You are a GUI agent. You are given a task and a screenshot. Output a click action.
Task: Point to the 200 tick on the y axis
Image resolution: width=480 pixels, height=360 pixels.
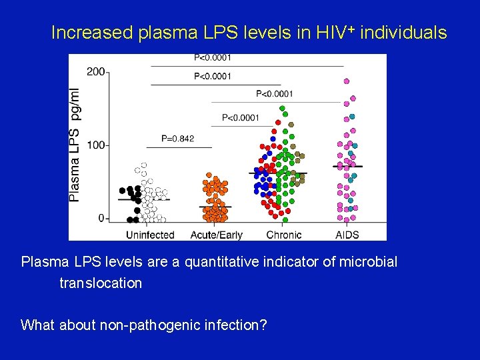(96, 71)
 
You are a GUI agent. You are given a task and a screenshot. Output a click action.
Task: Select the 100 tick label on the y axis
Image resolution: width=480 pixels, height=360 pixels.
(96, 145)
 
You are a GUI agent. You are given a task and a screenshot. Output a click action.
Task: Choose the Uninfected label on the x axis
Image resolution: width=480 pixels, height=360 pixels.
(150, 235)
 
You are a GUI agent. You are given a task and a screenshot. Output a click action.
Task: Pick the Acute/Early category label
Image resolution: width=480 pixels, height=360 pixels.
(216, 235)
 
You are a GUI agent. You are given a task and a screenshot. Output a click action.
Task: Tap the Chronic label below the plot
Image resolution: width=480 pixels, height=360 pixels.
(283, 235)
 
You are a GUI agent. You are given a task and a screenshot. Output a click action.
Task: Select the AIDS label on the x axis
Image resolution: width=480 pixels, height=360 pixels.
(348, 235)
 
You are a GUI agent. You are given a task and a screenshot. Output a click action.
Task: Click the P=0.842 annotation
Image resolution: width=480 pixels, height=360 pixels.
(178, 139)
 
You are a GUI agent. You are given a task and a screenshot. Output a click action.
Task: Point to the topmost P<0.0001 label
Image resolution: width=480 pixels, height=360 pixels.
(213, 58)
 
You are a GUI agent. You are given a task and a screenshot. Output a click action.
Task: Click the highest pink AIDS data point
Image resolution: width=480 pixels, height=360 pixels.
(347, 81)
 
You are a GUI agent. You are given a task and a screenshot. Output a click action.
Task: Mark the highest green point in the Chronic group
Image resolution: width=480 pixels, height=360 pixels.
(282, 108)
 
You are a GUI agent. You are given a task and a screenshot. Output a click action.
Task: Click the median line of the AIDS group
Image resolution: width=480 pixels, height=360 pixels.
(348, 166)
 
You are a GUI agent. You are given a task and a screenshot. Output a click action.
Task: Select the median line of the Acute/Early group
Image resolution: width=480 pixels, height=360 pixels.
(216, 207)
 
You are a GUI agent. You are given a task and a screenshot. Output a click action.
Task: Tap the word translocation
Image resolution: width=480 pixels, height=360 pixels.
(101, 283)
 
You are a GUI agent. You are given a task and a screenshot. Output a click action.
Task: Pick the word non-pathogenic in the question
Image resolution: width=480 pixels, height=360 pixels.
(136, 325)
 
